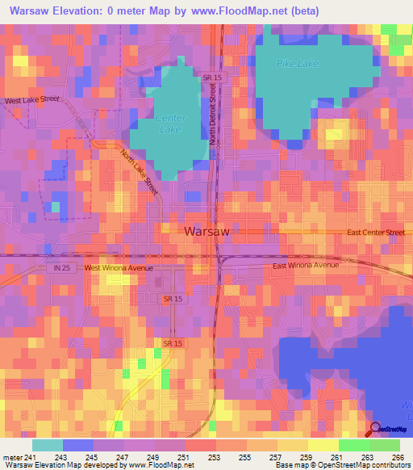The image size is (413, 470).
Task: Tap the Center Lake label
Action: [x=170, y=124]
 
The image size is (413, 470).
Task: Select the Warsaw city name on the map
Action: [x=207, y=231]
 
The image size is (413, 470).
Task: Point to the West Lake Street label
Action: [x=32, y=101]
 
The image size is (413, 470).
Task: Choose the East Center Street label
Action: [x=375, y=233]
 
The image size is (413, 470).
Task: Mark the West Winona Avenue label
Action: [x=118, y=267]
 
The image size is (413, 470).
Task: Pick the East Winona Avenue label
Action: [x=306, y=265]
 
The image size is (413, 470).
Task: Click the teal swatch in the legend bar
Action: [x=48, y=445]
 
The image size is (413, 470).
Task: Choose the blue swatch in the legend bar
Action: [x=78, y=445]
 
